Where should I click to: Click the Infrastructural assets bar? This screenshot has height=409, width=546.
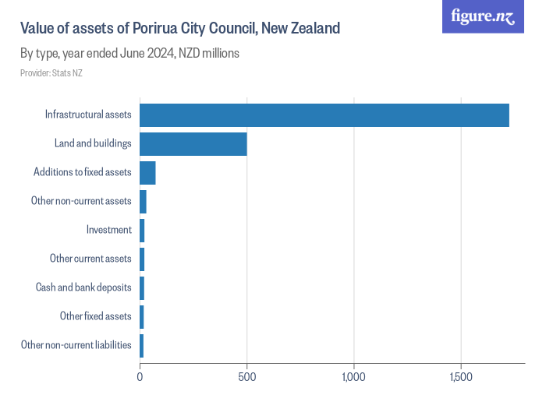[324, 115]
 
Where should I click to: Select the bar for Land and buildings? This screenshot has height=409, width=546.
[193, 144]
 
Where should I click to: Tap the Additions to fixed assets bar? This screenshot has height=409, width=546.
[147, 173]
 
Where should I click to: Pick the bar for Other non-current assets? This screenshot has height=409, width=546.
[143, 202]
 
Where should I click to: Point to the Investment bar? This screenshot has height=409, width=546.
[142, 231]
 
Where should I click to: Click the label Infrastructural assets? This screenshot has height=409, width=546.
[88, 115]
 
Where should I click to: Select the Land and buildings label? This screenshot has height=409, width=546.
[93, 144]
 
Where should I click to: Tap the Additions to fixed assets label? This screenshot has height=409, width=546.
[83, 173]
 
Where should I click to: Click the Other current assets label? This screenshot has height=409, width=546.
[90, 259]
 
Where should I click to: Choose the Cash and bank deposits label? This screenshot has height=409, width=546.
[83, 287]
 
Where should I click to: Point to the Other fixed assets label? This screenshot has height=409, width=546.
[96, 316]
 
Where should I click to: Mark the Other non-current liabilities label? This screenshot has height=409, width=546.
[76, 345]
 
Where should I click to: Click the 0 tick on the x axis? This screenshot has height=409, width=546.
[140, 377]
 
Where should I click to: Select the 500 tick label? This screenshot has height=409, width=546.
[246, 377]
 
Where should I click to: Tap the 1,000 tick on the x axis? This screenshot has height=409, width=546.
[354, 377]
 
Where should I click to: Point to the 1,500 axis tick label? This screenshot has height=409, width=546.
[461, 377]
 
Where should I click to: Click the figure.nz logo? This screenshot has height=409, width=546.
[483, 16]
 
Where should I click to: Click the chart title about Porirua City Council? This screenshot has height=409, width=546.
[180, 29]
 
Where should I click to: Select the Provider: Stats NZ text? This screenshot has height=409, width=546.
[51, 73]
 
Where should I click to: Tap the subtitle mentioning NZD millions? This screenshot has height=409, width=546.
[129, 54]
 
